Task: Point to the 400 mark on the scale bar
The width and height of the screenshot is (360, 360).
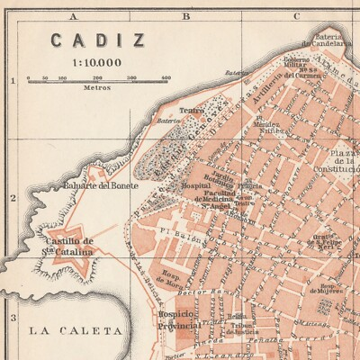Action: click(x=166, y=78)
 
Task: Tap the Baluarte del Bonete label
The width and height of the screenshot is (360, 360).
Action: click(x=101, y=186)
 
